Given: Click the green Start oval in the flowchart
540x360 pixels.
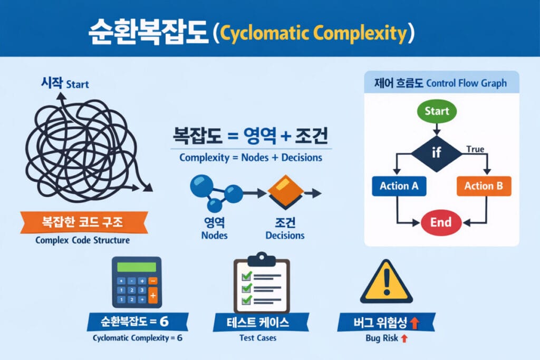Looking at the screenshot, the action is [437, 111].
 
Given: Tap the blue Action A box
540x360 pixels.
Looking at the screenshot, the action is [399, 186].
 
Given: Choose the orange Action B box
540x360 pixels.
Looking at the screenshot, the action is [484, 186].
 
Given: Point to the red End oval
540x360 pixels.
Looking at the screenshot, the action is [441, 222].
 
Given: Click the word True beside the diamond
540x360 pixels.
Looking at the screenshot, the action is [475, 149].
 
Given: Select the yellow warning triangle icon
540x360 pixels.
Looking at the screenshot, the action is [387, 281].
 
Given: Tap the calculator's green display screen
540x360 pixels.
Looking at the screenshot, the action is [137, 267].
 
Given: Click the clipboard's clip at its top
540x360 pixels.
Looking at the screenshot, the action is [262, 259].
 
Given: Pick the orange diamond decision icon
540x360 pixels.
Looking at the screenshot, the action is [285, 191].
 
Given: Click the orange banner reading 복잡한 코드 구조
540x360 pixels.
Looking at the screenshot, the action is [84, 222].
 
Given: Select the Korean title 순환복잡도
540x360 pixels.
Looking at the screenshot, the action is [148, 32].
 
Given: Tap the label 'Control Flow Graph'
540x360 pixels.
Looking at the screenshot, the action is [466, 83].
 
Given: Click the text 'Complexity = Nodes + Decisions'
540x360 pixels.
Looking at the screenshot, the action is [250, 158].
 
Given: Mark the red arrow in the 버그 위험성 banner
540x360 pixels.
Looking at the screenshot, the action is [414, 323].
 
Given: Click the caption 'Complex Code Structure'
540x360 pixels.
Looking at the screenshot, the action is [83, 240].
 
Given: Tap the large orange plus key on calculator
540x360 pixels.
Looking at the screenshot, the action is [153, 295].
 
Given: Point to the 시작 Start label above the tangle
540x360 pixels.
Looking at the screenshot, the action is [65, 83].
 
